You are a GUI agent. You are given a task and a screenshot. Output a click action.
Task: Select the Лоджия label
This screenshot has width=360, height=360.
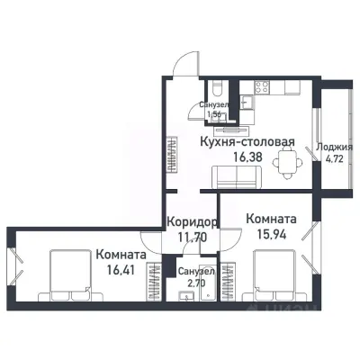[x=336, y=148]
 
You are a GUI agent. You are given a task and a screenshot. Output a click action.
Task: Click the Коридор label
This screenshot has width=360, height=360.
[x=191, y=222]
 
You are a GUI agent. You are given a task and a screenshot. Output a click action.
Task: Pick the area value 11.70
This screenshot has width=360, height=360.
[x=189, y=238]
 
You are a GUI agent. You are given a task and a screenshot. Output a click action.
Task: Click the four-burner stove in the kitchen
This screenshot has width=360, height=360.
[x=263, y=87]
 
